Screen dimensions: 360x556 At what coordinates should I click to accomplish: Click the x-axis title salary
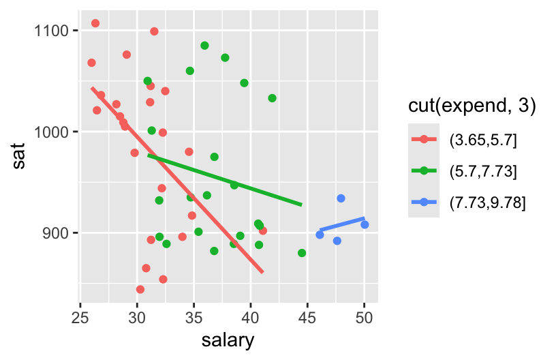[x=228, y=339]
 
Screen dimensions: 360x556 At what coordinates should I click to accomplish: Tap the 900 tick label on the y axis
[x=59, y=233]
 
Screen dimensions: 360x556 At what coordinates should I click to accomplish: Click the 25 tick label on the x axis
[x=81, y=316]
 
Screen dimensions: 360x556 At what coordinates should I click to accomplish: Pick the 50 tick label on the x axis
[x=365, y=316]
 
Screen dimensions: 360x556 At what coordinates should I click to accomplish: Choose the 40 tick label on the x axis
[x=251, y=316]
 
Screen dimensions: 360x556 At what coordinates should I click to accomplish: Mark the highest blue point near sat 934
[x=341, y=198]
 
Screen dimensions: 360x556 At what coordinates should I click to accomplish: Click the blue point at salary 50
[x=365, y=224]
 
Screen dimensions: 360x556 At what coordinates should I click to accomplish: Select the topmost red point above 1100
[x=95, y=23]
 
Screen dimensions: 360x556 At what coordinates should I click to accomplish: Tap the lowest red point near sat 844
[x=140, y=289]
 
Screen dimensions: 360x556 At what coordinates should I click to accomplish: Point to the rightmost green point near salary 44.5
[x=302, y=253]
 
